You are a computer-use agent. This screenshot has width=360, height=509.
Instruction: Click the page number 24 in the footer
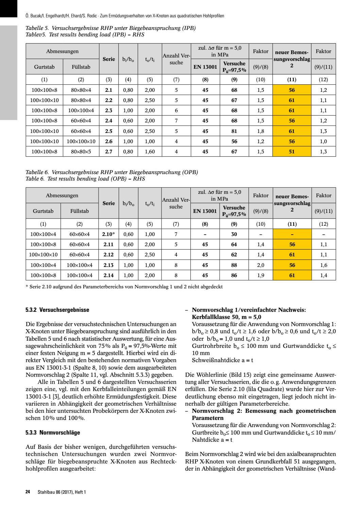(28, 492)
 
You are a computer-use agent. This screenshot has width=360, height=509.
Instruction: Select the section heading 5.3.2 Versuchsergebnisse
(57, 310)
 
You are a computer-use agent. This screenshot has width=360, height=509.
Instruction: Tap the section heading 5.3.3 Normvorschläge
(53, 433)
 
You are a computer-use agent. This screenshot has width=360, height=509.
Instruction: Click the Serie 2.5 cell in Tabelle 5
(109, 131)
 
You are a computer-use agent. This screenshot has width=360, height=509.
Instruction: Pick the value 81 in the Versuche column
(234, 131)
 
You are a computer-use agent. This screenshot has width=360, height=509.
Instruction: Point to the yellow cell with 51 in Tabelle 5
(292, 152)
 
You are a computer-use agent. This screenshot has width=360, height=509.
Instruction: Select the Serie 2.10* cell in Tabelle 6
(109, 234)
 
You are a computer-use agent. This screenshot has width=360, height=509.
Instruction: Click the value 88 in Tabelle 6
(234, 265)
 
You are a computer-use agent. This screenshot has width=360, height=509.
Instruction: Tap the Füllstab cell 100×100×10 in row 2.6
(81, 141)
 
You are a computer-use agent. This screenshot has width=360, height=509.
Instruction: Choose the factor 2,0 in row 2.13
(261, 265)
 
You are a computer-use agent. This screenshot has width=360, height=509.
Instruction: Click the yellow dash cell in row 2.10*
(292, 234)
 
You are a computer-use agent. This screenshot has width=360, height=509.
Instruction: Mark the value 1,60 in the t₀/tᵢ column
(150, 152)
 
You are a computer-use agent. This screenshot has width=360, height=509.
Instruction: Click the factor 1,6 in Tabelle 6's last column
(323, 265)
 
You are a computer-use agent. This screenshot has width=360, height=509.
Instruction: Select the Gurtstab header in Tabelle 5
(44, 67)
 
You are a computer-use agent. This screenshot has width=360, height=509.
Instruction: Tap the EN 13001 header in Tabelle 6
(205, 211)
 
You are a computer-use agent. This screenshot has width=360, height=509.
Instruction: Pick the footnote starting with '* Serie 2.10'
(124, 287)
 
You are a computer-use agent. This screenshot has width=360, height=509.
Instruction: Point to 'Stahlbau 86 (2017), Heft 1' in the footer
(62, 492)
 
